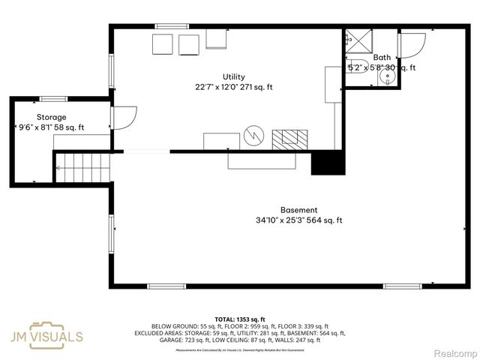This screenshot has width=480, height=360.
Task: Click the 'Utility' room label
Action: tap(233, 76)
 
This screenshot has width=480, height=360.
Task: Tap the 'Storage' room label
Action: tap(51, 117)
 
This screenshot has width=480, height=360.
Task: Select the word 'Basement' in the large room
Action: tap(298, 210)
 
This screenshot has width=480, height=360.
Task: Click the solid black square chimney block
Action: tap(326, 163)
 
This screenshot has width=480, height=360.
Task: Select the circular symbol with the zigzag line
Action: tap(254, 136)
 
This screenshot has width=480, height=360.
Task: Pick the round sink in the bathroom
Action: tap(388, 76)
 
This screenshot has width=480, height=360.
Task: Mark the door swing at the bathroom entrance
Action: tap(412, 44)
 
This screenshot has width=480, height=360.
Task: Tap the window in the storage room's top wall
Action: tap(53, 98)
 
